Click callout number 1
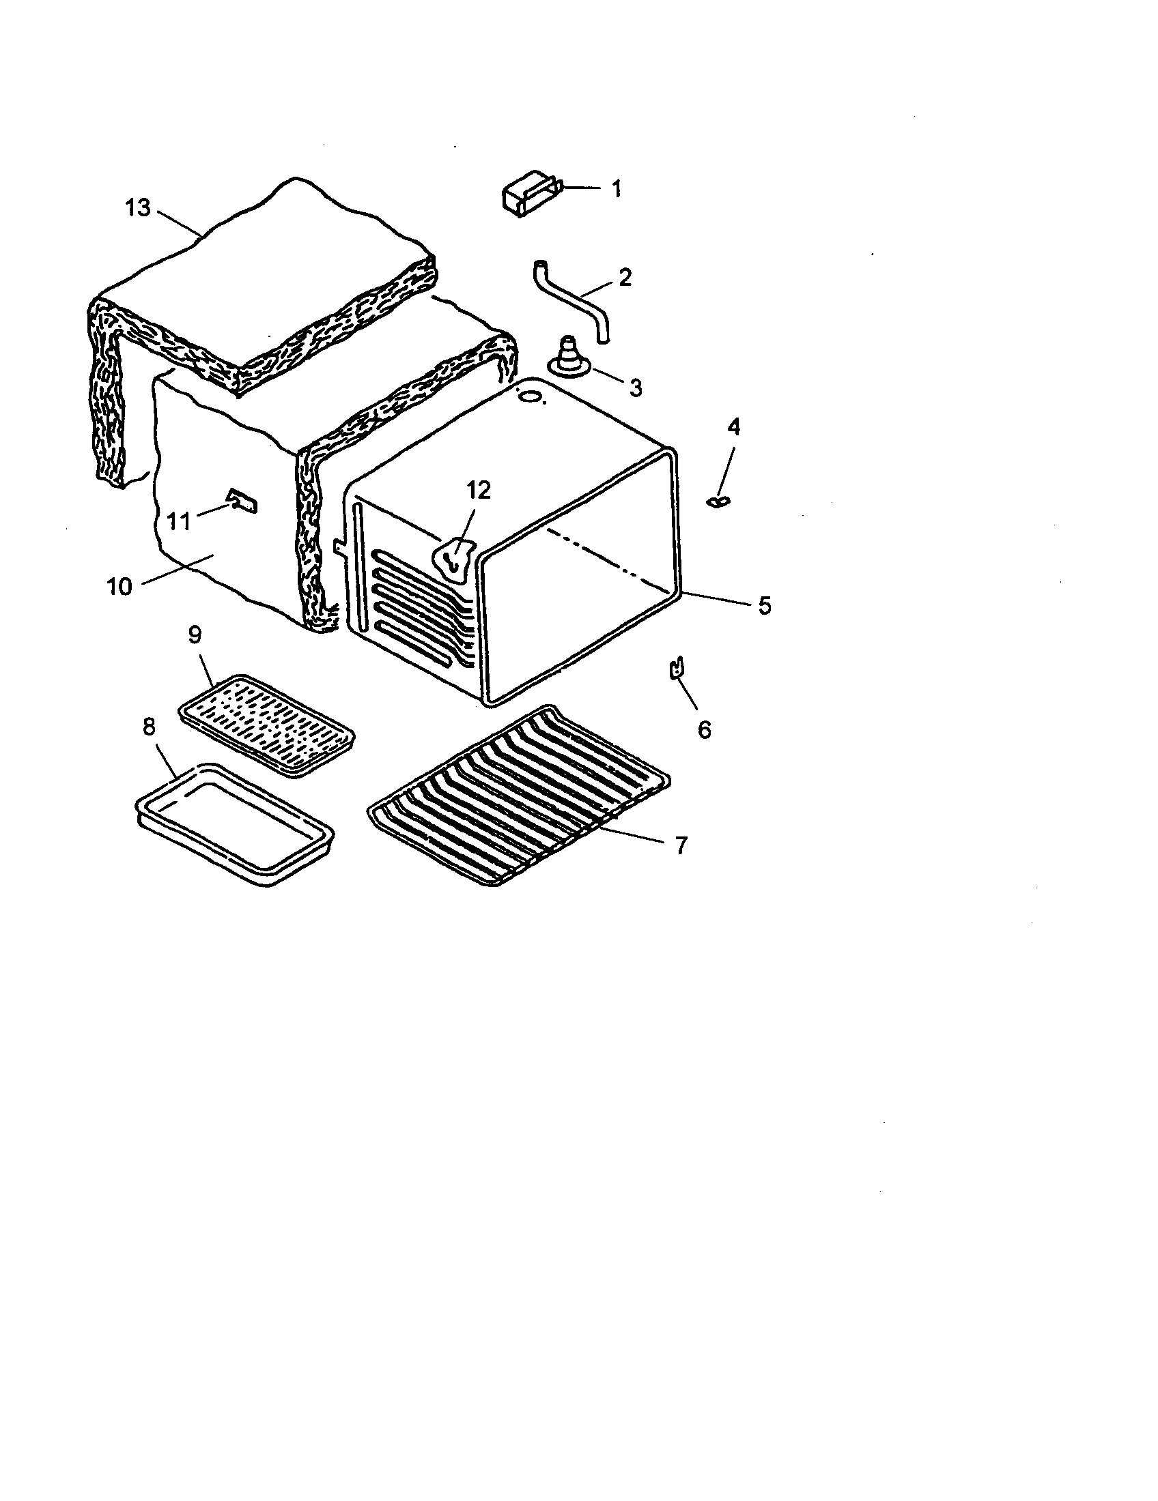(616, 188)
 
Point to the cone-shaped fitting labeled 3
(567, 356)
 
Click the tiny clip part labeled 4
(716, 502)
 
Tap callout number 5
(764, 605)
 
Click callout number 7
(680, 845)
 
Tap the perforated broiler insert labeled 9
(267, 725)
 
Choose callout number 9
(195, 635)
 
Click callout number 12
(479, 490)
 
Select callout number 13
(137, 207)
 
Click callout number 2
(624, 278)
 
